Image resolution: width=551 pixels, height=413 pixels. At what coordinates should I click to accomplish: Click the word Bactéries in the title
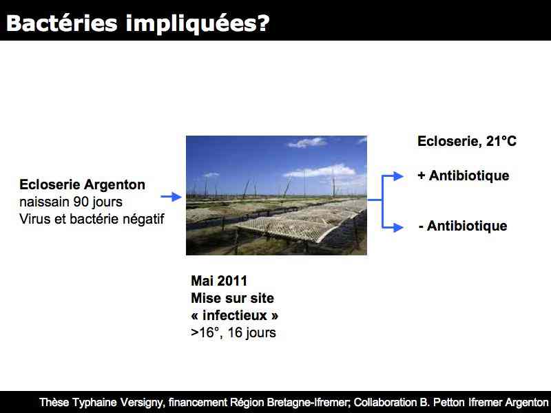62,23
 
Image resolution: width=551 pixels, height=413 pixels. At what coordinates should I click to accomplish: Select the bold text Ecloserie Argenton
82,184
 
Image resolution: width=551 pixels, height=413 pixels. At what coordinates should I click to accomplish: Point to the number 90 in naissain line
80,202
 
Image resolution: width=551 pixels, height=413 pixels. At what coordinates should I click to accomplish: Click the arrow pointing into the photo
171,197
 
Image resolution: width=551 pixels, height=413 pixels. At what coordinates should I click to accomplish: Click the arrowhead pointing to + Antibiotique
398,176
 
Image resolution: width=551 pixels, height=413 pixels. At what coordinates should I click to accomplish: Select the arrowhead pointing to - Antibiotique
398,228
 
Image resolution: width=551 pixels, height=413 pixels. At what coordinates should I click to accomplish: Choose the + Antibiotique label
464,176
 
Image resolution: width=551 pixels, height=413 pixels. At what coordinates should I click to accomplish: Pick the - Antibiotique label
463,226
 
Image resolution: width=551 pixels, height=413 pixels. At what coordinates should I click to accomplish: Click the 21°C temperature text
501,142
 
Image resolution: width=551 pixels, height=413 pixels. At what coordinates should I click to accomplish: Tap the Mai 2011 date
219,281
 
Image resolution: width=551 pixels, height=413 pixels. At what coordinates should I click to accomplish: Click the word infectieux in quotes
235,315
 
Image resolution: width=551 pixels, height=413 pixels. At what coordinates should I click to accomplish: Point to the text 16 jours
251,333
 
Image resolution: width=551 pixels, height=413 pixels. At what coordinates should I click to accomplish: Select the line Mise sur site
232,298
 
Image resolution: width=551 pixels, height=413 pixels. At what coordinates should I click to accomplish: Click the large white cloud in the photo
320,171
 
